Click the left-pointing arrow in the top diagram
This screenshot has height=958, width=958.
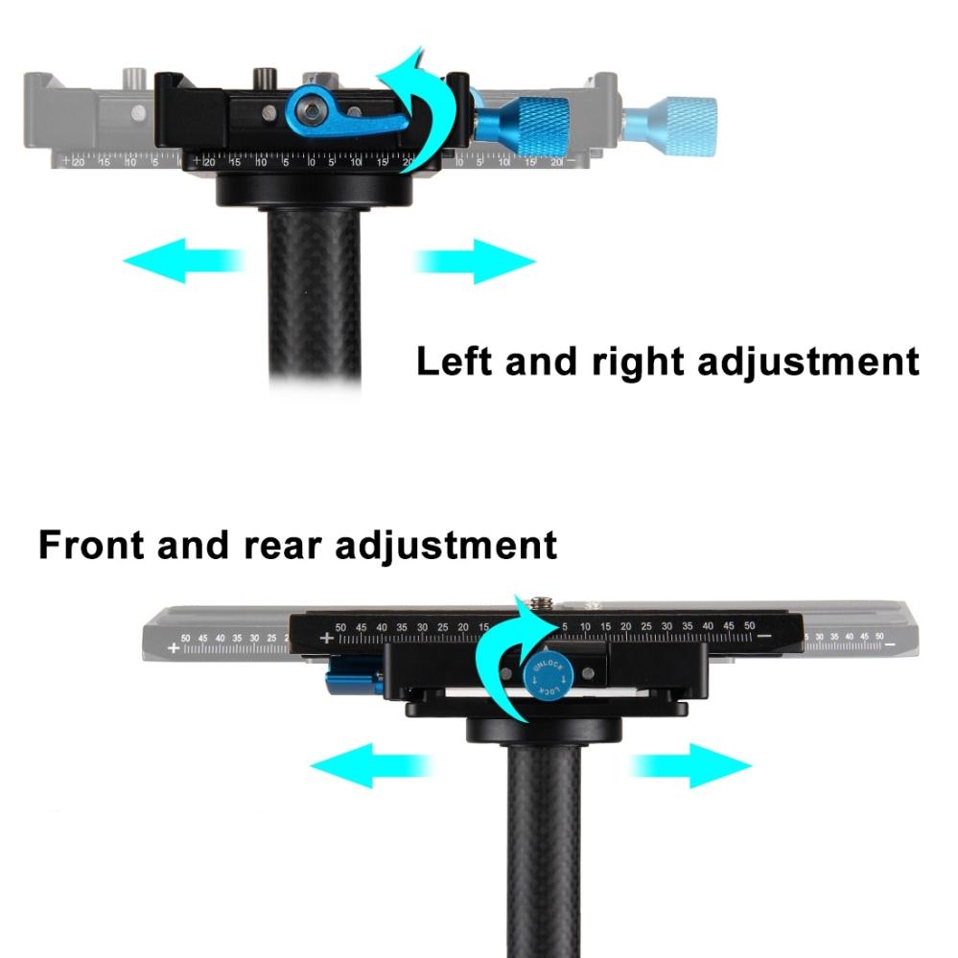tap(182, 262)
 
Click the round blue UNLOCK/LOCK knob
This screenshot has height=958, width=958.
tap(545, 676)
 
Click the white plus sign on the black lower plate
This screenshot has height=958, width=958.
tap(326, 637)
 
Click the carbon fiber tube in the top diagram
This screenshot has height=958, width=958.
tap(315, 297)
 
